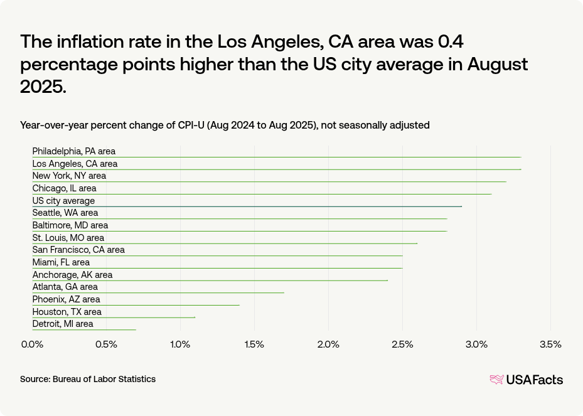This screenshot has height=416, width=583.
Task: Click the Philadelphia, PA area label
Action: click(x=73, y=151)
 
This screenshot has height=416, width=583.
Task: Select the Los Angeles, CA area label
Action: click(x=75, y=164)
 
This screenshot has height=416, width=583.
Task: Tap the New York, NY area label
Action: click(x=69, y=176)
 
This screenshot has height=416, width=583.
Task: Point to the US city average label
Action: click(x=63, y=201)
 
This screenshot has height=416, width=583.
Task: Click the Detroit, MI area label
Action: click(x=62, y=324)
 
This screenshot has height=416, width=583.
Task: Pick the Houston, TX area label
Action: click(x=67, y=312)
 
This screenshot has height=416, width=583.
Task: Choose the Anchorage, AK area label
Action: click(x=72, y=275)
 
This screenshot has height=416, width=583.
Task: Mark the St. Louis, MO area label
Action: click(x=68, y=238)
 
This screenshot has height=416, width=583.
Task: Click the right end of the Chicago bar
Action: click(x=491, y=194)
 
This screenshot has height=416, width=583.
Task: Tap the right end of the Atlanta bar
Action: click(x=284, y=292)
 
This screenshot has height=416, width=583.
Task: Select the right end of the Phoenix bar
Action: click(x=239, y=305)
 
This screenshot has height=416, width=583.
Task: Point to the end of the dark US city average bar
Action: click(x=462, y=206)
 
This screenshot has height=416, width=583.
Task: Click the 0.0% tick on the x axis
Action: click(x=32, y=344)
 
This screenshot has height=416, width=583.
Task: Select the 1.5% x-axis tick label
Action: click(x=254, y=344)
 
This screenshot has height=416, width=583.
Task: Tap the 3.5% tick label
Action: click(x=550, y=344)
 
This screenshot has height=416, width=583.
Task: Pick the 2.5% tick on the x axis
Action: click(x=402, y=344)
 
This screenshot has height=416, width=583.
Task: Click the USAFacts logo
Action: click(x=526, y=379)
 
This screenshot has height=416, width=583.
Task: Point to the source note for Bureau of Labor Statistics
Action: click(x=88, y=379)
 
